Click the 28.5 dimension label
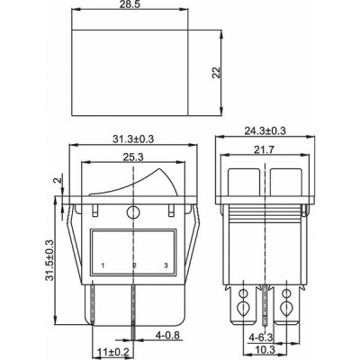coord(130,4)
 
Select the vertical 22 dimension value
coord(216,72)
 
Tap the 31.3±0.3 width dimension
coord(133,139)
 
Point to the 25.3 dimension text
coord(133,157)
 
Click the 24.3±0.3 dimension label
coord(265,131)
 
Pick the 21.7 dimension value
coord(265,149)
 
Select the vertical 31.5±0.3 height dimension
coord(49,260)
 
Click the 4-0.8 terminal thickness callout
coord(167,335)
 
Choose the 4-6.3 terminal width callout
coord(260,337)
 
